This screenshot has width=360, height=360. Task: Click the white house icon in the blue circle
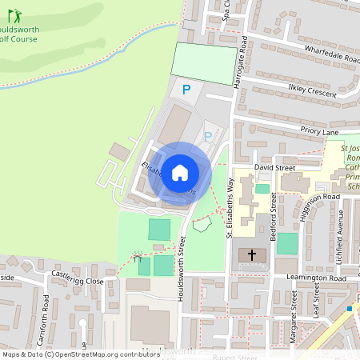click(x=180, y=172)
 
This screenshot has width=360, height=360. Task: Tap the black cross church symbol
click(x=252, y=256)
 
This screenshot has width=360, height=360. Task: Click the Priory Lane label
click(x=320, y=130)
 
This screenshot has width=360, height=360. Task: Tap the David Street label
click(x=274, y=168)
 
